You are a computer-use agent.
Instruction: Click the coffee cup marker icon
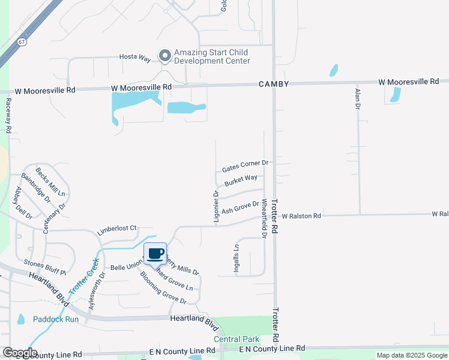[155, 254]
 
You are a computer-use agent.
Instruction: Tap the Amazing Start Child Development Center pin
[164, 56]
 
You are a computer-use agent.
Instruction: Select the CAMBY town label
[274, 84]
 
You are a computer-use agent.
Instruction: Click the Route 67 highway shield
[22, 42]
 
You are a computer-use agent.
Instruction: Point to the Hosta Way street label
[134, 57]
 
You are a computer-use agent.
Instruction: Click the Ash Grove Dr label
[240, 208]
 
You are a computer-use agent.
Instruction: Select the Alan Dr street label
[358, 98]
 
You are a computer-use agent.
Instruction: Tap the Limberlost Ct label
[118, 229]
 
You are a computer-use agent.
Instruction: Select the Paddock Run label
[56, 319]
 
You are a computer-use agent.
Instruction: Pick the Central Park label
[235, 339]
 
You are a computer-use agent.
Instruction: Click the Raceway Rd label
[8, 116]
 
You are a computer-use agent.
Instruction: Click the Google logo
[20, 353]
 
